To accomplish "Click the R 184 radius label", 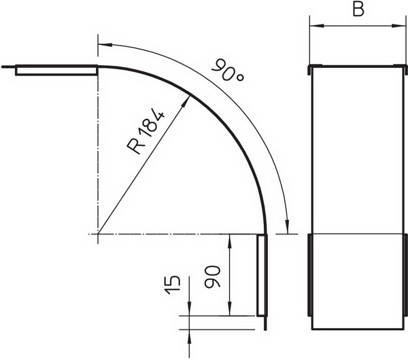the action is tap(146, 132).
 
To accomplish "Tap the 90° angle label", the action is tap(228, 71).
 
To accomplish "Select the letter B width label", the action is tap(358, 10).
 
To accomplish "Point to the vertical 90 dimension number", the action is tap(213, 276).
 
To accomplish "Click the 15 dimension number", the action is tap(173, 285).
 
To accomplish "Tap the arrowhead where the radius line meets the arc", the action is tap(185, 101).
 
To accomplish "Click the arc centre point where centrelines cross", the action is tap(98, 234).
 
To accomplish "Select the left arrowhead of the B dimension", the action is tap(316, 26).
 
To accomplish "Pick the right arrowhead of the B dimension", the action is tap(398, 26).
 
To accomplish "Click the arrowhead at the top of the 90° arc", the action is tap(105, 45).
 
